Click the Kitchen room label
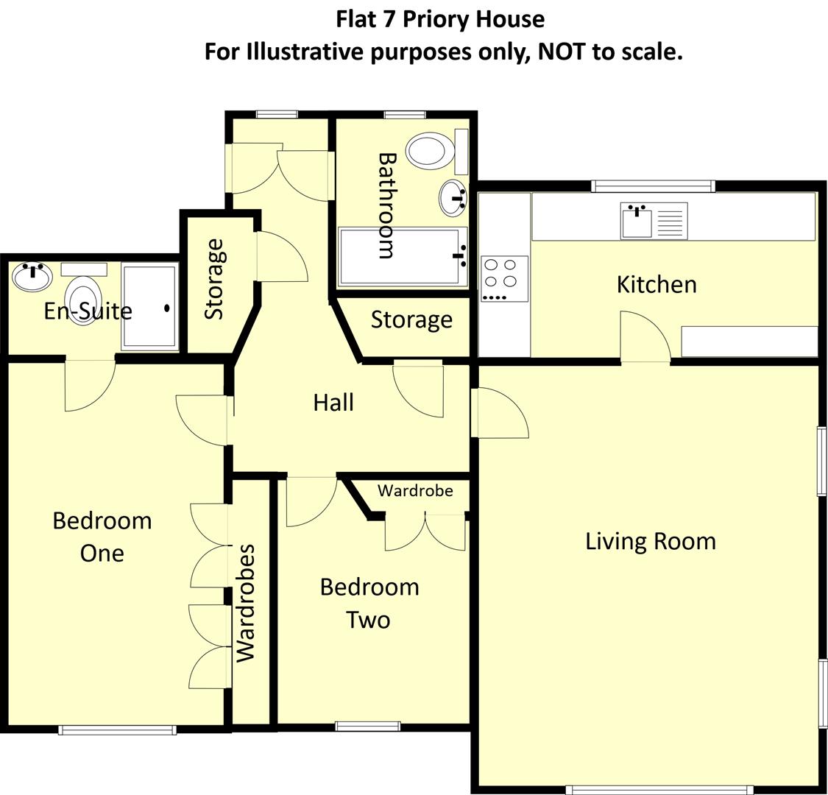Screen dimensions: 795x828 [x=657, y=284]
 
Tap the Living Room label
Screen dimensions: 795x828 [x=650, y=541]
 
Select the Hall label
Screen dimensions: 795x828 [x=333, y=403]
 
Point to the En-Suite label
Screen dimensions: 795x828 [x=88, y=311]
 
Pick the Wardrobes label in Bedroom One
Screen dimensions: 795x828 [x=245, y=603]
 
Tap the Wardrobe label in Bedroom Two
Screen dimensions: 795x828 [x=415, y=490]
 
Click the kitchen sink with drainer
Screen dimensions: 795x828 [x=654, y=220]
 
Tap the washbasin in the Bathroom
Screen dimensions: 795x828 [x=453, y=197]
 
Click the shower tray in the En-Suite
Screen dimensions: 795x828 [x=149, y=306]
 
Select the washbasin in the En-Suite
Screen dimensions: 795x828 [x=32, y=277]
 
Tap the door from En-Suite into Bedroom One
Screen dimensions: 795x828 [x=90, y=384]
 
